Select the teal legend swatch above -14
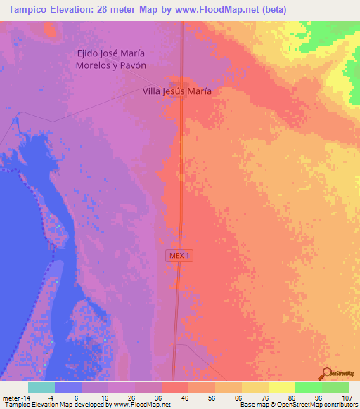(x=41, y=387)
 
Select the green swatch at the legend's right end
(x=335, y=387)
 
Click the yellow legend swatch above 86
(x=281, y=387)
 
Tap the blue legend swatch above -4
(x=68, y=387)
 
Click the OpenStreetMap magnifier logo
(x=326, y=373)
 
